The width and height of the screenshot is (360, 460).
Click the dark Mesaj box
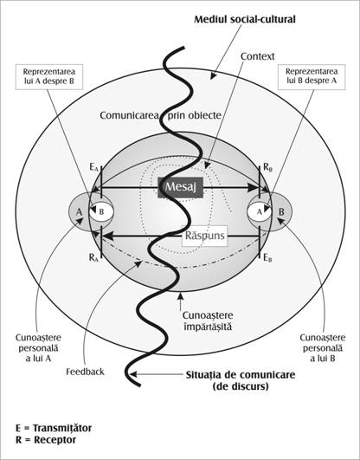pyautogui.click(x=181, y=187)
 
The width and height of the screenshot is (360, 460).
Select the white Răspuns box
pyautogui.click(x=205, y=236)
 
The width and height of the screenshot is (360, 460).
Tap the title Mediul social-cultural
pyautogui.click(x=245, y=19)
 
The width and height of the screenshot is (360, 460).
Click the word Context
pyautogui.click(x=257, y=56)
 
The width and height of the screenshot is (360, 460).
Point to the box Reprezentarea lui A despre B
pyautogui.click(x=49, y=77)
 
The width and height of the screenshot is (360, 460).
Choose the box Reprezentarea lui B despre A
pyautogui.click(x=312, y=77)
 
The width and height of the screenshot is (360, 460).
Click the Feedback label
pyautogui.click(x=85, y=372)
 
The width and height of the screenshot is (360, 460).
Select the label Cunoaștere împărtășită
pyautogui.click(x=208, y=321)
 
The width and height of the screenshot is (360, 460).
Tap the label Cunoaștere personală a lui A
pyautogui.click(x=38, y=348)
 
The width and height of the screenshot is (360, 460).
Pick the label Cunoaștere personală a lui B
pyautogui.click(x=323, y=348)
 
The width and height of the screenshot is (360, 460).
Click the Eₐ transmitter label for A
pyautogui.click(x=93, y=168)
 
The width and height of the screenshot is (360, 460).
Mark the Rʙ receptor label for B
pyautogui.click(x=268, y=167)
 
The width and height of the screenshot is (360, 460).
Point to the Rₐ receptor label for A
pyautogui.click(x=93, y=258)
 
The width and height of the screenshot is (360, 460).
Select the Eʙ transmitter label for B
pyautogui.click(x=267, y=258)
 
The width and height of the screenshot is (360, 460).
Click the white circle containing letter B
pyautogui.click(x=101, y=211)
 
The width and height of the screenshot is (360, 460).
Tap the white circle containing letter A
pyautogui.click(x=259, y=211)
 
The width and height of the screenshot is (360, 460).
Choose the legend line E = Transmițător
pyautogui.click(x=54, y=428)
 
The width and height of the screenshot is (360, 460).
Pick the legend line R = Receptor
pyautogui.click(x=46, y=440)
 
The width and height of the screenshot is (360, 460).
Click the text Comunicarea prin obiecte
pyautogui.click(x=161, y=115)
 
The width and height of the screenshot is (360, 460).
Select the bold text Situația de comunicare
pyautogui.click(x=241, y=375)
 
